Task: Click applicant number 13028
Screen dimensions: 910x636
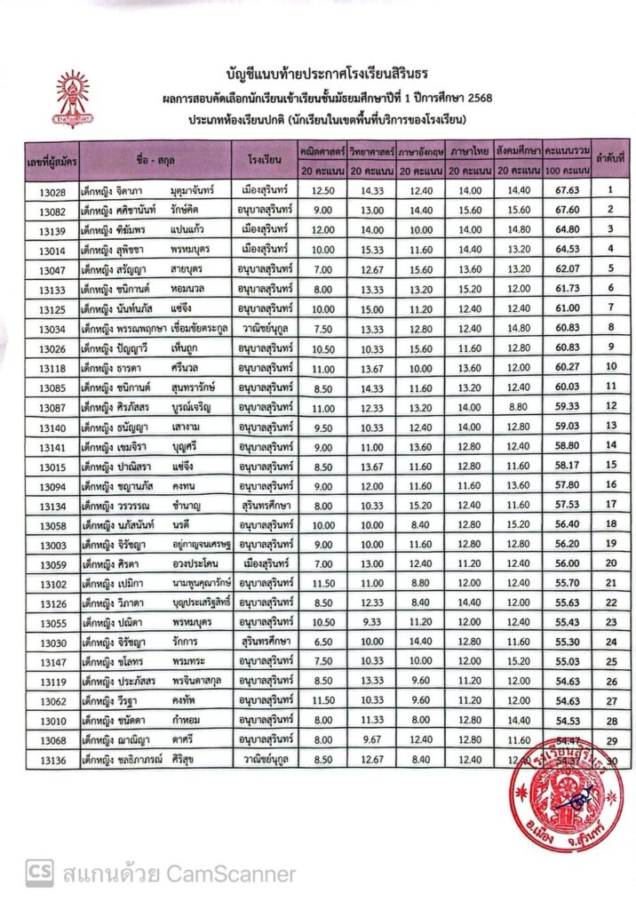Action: coord(52,190)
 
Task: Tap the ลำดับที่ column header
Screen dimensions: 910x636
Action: coord(610,157)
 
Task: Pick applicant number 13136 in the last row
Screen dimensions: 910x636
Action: coord(52,760)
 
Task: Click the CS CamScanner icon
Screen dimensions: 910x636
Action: coord(37,874)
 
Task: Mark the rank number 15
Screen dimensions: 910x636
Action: coord(610,465)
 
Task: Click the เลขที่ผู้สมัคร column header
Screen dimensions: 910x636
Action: coord(52,157)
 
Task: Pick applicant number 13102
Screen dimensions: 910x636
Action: coord(52,583)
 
